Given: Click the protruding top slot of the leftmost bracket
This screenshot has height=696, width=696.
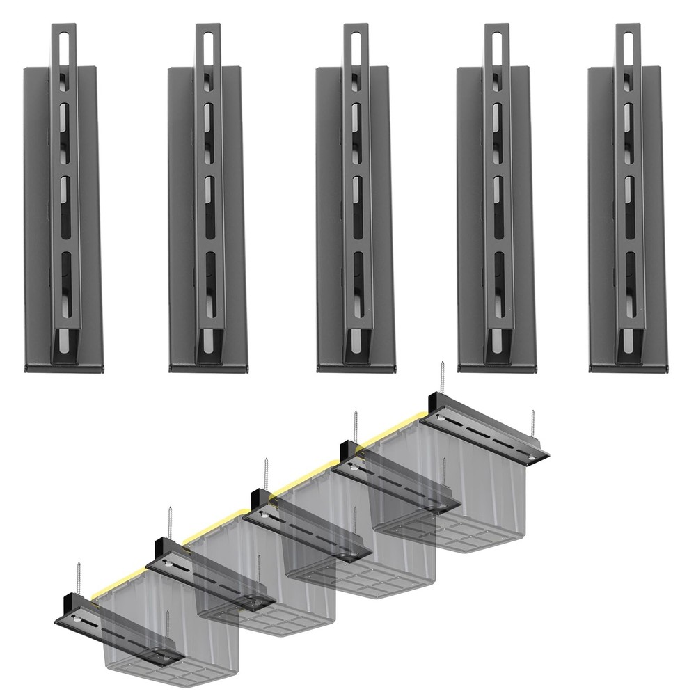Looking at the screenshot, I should coord(63,45).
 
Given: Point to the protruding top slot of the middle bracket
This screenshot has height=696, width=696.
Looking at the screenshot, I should coord(356,45).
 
